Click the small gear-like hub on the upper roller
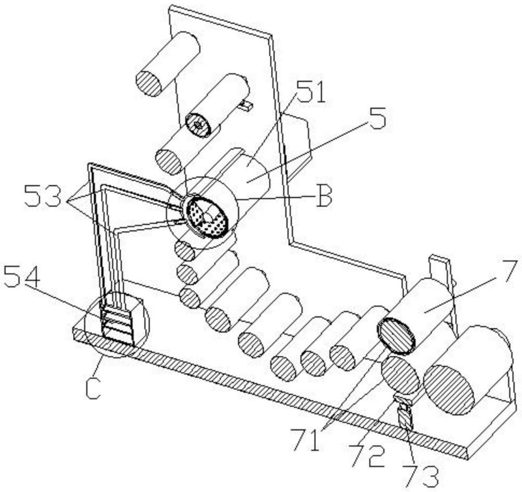[198, 124]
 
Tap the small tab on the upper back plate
[246, 106]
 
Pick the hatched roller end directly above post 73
[400, 374]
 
